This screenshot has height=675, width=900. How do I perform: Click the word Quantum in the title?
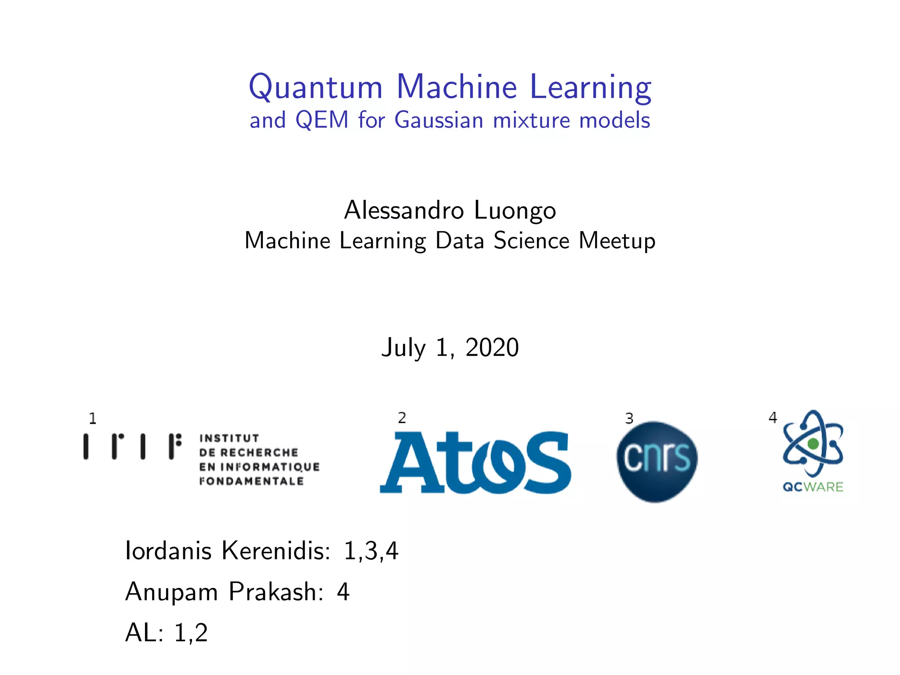316,87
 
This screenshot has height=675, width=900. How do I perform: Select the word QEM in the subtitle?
322,120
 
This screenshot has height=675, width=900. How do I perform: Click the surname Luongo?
515,210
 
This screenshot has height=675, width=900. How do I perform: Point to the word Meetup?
617,241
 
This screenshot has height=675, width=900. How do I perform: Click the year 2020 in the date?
492,348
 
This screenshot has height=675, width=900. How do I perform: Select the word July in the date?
403,348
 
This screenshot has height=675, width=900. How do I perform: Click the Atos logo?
475,462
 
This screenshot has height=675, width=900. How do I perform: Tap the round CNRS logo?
657,461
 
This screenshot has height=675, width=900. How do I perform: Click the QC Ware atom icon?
813,444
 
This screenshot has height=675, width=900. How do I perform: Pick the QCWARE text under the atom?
813,487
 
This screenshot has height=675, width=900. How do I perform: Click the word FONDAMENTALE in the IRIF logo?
251,481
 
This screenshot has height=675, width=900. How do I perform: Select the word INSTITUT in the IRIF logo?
229,438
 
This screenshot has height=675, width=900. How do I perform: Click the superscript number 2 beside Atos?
402,418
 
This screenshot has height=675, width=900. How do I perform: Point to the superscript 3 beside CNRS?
629,418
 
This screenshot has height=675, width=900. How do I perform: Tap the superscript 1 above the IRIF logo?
92,418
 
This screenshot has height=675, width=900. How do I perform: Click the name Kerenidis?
276,550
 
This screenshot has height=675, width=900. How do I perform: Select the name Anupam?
171,592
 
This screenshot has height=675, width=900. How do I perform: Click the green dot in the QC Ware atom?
813,444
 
